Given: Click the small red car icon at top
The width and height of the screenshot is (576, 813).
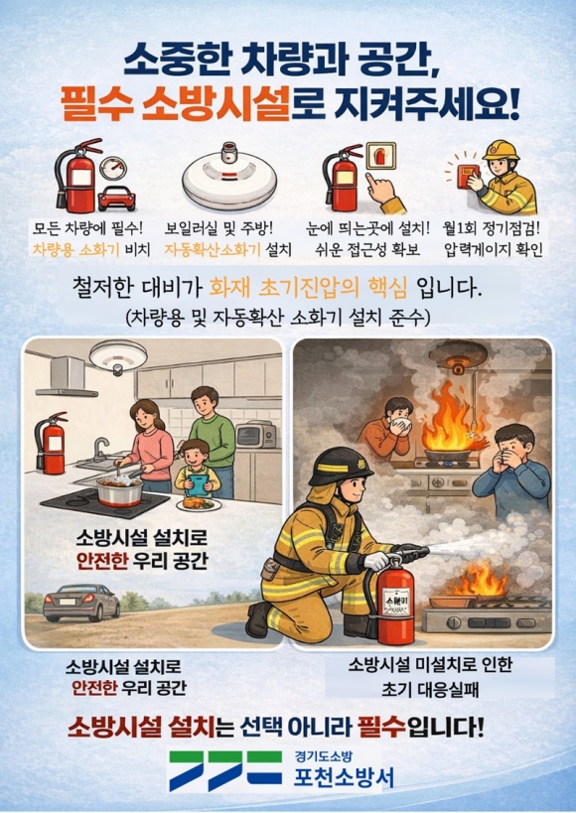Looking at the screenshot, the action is click(x=117, y=199).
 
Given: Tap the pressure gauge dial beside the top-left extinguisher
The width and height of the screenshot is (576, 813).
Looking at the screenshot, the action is click(x=113, y=168).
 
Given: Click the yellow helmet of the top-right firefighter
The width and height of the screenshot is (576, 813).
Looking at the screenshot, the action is click(x=501, y=150).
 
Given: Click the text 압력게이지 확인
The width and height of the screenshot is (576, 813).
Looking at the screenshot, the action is click(x=494, y=250).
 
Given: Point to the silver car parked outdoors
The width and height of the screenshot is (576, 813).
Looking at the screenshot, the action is click(x=81, y=602).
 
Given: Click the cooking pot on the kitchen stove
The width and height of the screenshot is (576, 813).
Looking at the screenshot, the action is click(x=120, y=490).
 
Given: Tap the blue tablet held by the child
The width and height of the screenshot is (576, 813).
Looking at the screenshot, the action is click(x=198, y=485).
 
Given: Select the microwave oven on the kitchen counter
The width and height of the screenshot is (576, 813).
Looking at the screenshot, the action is click(x=256, y=435).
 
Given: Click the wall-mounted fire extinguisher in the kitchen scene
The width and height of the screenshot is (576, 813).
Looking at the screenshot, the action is click(x=51, y=443).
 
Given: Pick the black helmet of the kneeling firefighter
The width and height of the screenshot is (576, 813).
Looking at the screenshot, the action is click(x=340, y=467).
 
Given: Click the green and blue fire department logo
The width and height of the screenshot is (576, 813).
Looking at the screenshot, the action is click(x=225, y=770).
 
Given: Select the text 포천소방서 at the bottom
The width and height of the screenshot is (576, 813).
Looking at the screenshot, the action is click(x=344, y=777).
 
